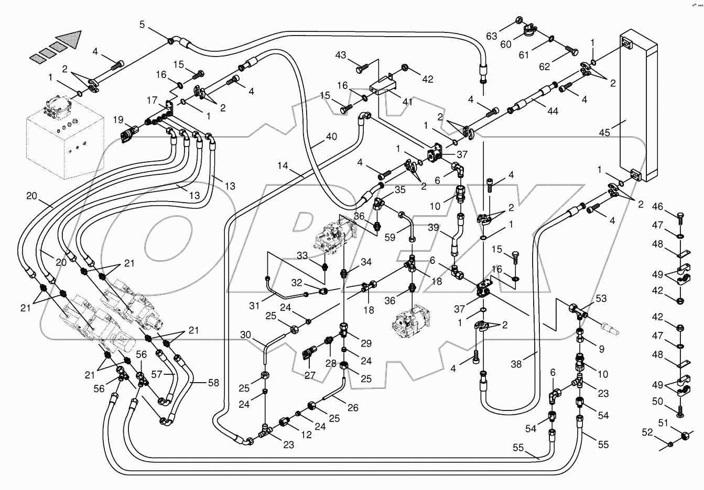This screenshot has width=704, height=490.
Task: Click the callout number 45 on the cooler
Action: (x=604, y=132)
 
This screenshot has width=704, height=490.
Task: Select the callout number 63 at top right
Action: (x=491, y=36)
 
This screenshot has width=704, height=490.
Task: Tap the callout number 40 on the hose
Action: (x=331, y=137)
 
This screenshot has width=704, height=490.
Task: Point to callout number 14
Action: (x=283, y=166)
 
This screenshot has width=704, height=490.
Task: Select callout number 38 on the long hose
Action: (x=516, y=364)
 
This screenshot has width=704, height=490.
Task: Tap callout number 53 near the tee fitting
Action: (x=601, y=298)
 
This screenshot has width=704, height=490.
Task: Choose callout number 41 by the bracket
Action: (x=407, y=102)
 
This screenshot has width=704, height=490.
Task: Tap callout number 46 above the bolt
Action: (x=658, y=207)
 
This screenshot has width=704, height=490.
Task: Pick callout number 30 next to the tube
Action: (x=246, y=335)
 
